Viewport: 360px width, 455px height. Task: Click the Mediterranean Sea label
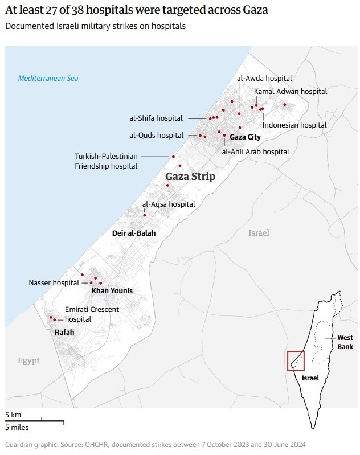(48, 79)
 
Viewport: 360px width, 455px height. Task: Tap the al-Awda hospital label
(264, 78)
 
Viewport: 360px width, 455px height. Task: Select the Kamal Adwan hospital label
(291, 91)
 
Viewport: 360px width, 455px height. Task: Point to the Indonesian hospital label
(294, 125)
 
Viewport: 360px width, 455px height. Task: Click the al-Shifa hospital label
(156, 118)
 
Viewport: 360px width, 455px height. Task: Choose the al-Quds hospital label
(157, 136)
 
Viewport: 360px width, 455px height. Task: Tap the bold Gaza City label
(245, 137)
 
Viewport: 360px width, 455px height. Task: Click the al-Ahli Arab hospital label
(255, 151)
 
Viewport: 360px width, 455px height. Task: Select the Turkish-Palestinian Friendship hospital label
(107, 161)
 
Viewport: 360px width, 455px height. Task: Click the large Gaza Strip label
(190, 177)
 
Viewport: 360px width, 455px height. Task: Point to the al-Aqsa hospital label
(169, 204)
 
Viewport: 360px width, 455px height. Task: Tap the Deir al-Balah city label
(133, 233)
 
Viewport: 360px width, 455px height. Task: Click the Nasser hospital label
(54, 282)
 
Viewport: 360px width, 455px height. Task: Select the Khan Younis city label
(112, 291)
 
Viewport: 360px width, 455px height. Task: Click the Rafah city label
(64, 332)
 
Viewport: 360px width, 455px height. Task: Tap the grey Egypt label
(28, 360)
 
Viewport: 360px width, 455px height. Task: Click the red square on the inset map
(296, 361)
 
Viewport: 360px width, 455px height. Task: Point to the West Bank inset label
(345, 342)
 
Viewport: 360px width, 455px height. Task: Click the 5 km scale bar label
(13, 415)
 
